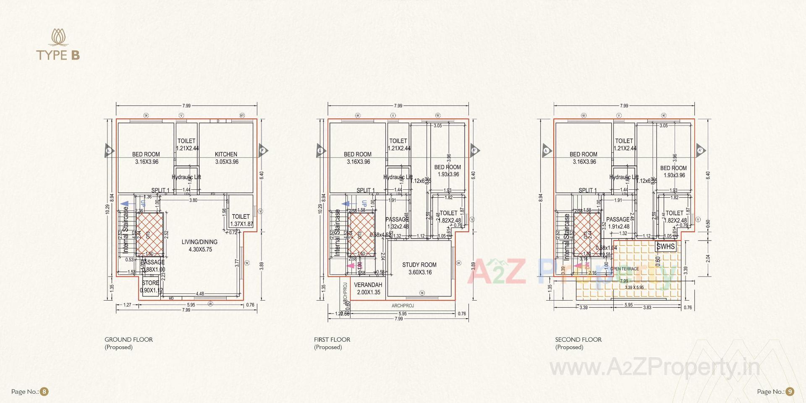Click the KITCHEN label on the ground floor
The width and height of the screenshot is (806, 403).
click(x=226, y=154)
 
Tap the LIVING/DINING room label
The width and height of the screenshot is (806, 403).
click(x=199, y=242)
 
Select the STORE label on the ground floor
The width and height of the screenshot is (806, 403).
click(x=150, y=283)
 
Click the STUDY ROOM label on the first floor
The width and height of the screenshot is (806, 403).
click(x=419, y=265)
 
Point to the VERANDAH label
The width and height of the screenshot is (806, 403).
click(x=368, y=285)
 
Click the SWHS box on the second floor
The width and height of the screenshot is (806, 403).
click(x=666, y=246)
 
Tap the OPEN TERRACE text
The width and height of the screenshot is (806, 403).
click(x=624, y=269)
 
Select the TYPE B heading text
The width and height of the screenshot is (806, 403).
click(x=58, y=55)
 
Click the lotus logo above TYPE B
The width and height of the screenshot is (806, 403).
click(x=58, y=37)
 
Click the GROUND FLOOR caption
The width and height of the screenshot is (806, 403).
click(x=128, y=340)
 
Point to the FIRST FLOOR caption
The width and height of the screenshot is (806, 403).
click(x=332, y=340)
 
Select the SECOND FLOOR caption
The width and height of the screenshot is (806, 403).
click(x=578, y=340)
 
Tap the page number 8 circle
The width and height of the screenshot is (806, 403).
click(x=44, y=392)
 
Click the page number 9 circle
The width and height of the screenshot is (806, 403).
click(x=790, y=392)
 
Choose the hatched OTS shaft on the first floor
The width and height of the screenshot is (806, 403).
click(x=361, y=234)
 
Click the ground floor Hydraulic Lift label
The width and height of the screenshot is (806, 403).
click(x=186, y=177)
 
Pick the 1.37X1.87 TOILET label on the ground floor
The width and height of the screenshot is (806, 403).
click(x=241, y=220)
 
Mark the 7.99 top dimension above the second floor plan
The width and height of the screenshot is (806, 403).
click(x=624, y=106)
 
